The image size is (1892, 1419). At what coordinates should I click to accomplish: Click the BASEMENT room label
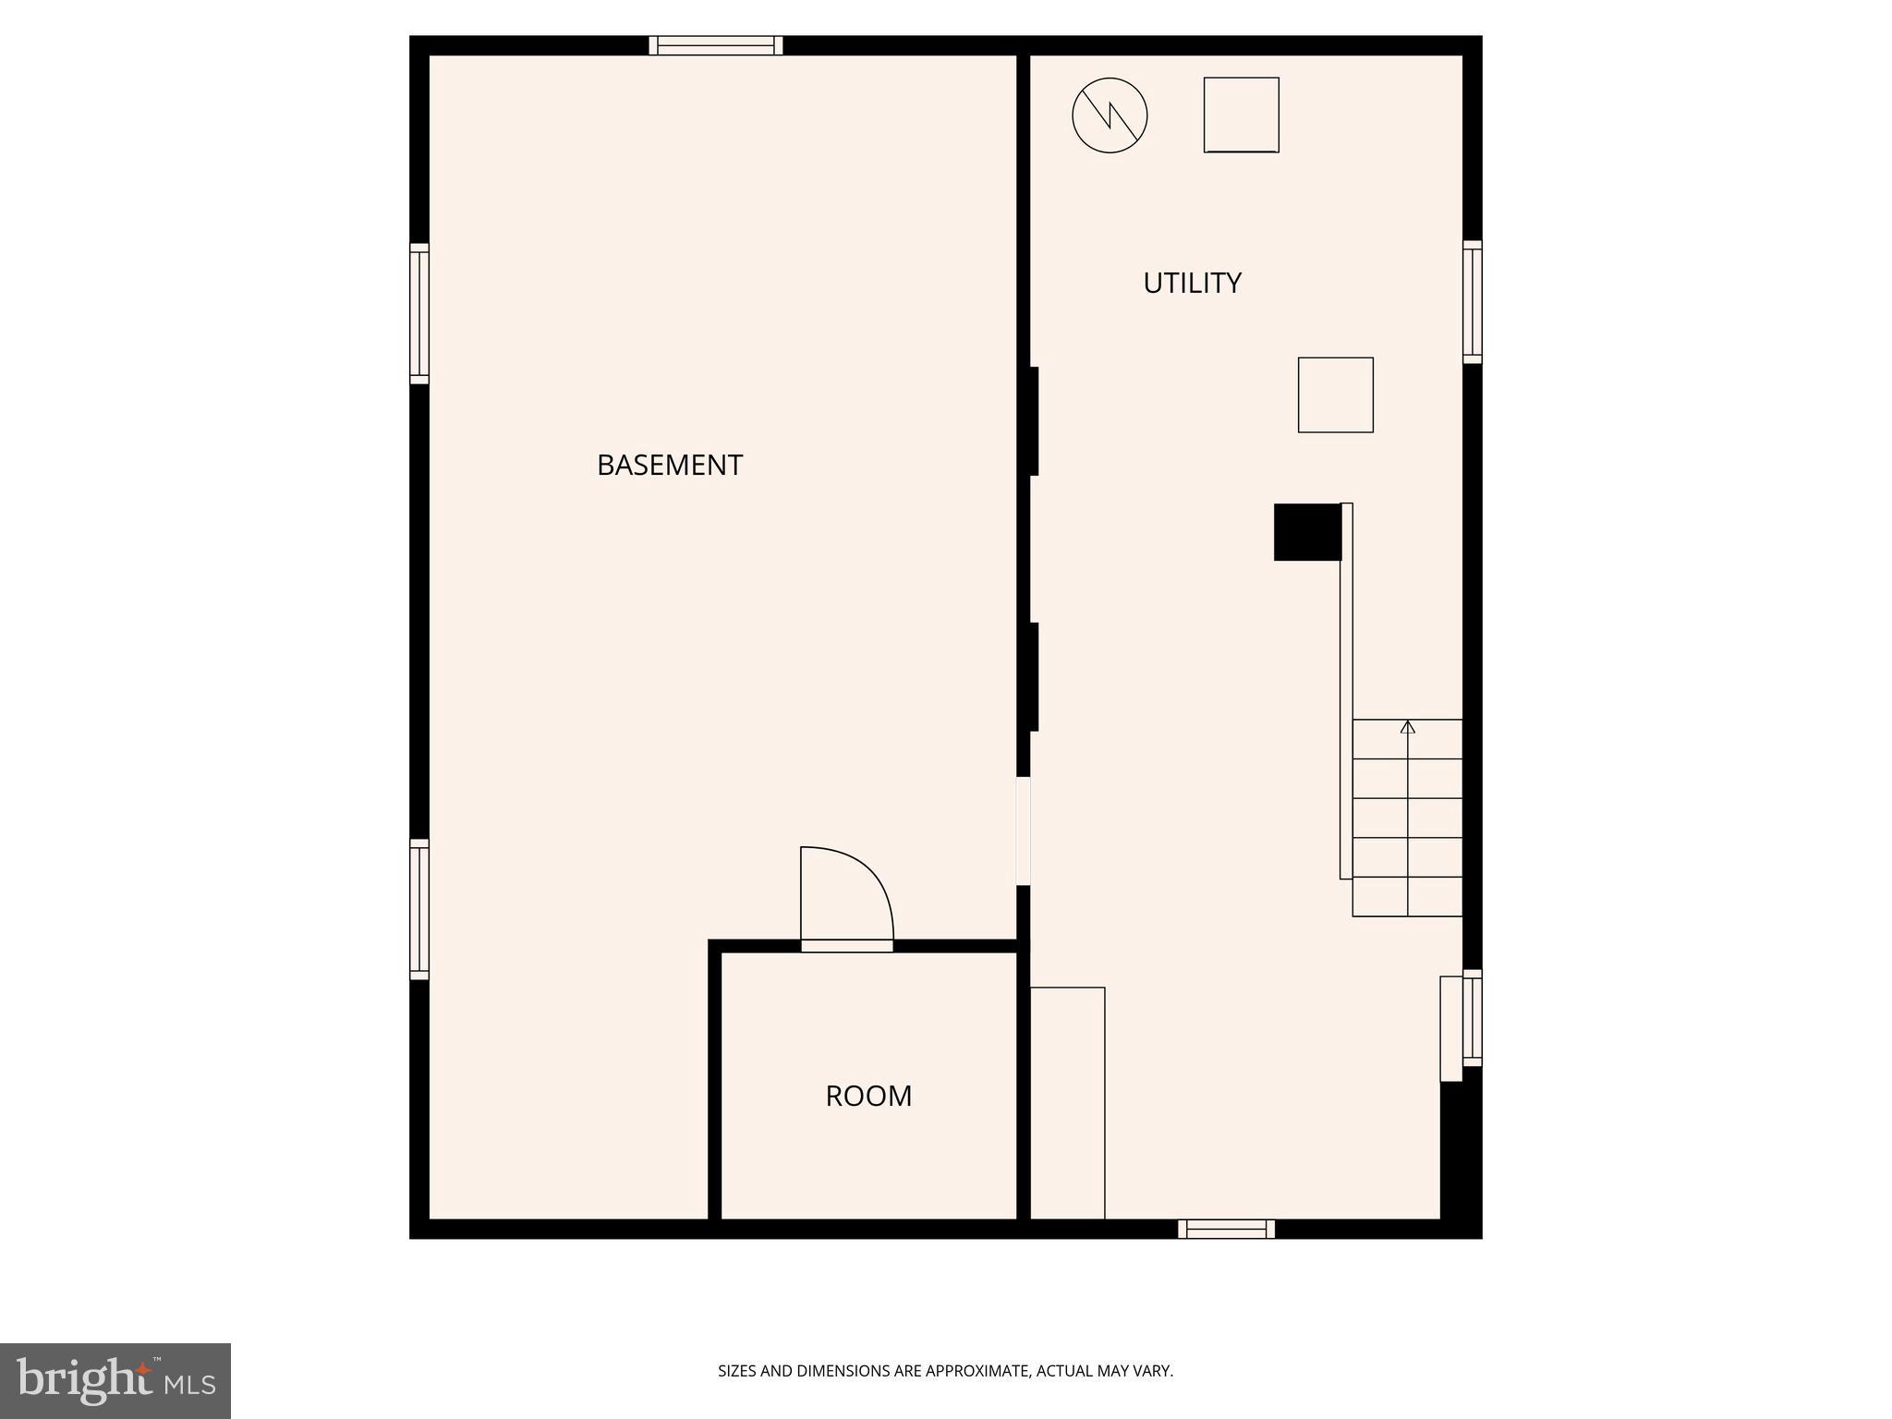pyautogui.click(x=669, y=465)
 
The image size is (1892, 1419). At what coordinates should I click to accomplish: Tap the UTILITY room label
pyautogui.click(x=1192, y=283)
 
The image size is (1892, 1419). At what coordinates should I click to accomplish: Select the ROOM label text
pyautogui.click(x=868, y=1096)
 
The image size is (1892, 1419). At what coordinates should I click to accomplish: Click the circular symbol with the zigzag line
pyautogui.click(x=1110, y=115)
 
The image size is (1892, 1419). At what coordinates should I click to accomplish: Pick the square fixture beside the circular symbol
pyautogui.click(x=1241, y=115)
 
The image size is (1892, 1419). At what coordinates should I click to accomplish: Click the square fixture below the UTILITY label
pyautogui.click(x=1335, y=394)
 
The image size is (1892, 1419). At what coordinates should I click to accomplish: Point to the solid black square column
pyautogui.click(x=1306, y=532)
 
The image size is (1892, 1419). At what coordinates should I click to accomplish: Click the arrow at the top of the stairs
pyautogui.click(x=1407, y=727)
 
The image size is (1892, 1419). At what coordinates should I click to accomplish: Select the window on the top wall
pyautogui.click(x=716, y=45)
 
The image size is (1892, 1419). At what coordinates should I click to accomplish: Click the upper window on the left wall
pyautogui.click(x=419, y=313)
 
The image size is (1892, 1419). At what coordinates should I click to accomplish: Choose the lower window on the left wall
pyautogui.click(x=419, y=909)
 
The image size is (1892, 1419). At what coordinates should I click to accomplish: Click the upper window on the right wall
pyautogui.click(x=1472, y=302)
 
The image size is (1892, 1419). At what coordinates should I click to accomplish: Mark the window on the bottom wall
pyautogui.click(x=1226, y=1229)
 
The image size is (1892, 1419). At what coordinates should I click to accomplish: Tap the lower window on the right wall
pyautogui.click(x=1472, y=1018)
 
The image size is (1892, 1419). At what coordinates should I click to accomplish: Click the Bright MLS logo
pyautogui.click(x=115, y=1381)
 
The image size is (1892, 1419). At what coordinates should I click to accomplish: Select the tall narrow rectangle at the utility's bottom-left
pyautogui.click(x=1067, y=1103)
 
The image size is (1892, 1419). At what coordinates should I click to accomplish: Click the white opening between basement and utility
pyautogui.click(x=1023, y=831)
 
